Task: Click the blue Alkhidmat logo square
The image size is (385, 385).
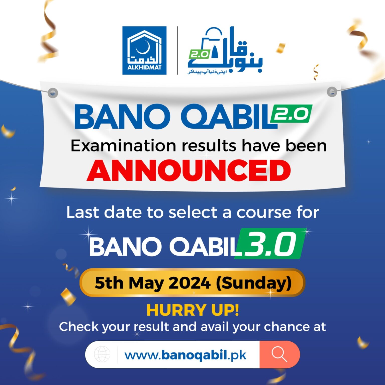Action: click(144, 50)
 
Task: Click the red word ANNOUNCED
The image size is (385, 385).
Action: click(188, 170)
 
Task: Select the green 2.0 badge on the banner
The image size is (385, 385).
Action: click(292, 114)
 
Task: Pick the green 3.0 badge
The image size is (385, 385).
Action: click(271, 244)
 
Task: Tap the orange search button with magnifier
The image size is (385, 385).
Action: click(279, 354)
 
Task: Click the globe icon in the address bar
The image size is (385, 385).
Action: click(102, 354)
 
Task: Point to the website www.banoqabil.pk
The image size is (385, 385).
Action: click(185, 355)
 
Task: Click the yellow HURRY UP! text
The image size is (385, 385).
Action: click(192, 310)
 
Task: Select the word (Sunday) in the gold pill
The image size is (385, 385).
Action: click(254, 283)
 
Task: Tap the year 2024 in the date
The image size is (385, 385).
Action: click(189, 283)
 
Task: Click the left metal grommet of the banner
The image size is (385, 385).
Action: click(53, 93)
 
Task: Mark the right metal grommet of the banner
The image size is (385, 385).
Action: click(332, 91)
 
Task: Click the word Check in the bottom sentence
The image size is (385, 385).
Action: click(79, 327)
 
